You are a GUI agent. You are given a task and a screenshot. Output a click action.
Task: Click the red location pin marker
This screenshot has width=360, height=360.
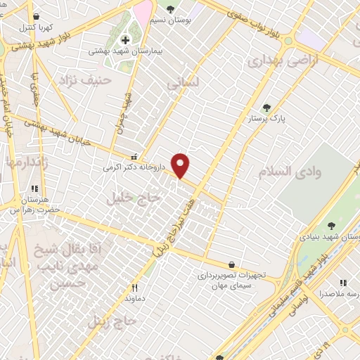point(181,165)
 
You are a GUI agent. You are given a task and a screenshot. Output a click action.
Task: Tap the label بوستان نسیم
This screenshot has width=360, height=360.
point(170,20)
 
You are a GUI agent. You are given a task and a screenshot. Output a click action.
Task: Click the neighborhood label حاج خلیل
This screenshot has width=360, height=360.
point(134,198)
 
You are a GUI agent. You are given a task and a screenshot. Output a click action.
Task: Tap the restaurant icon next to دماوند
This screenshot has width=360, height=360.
point(134,288)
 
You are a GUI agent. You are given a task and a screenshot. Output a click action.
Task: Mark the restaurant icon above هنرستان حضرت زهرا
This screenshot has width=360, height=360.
point(34,188)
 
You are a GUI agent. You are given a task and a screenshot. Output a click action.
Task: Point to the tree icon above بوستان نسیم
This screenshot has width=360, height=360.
point(170,9)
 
